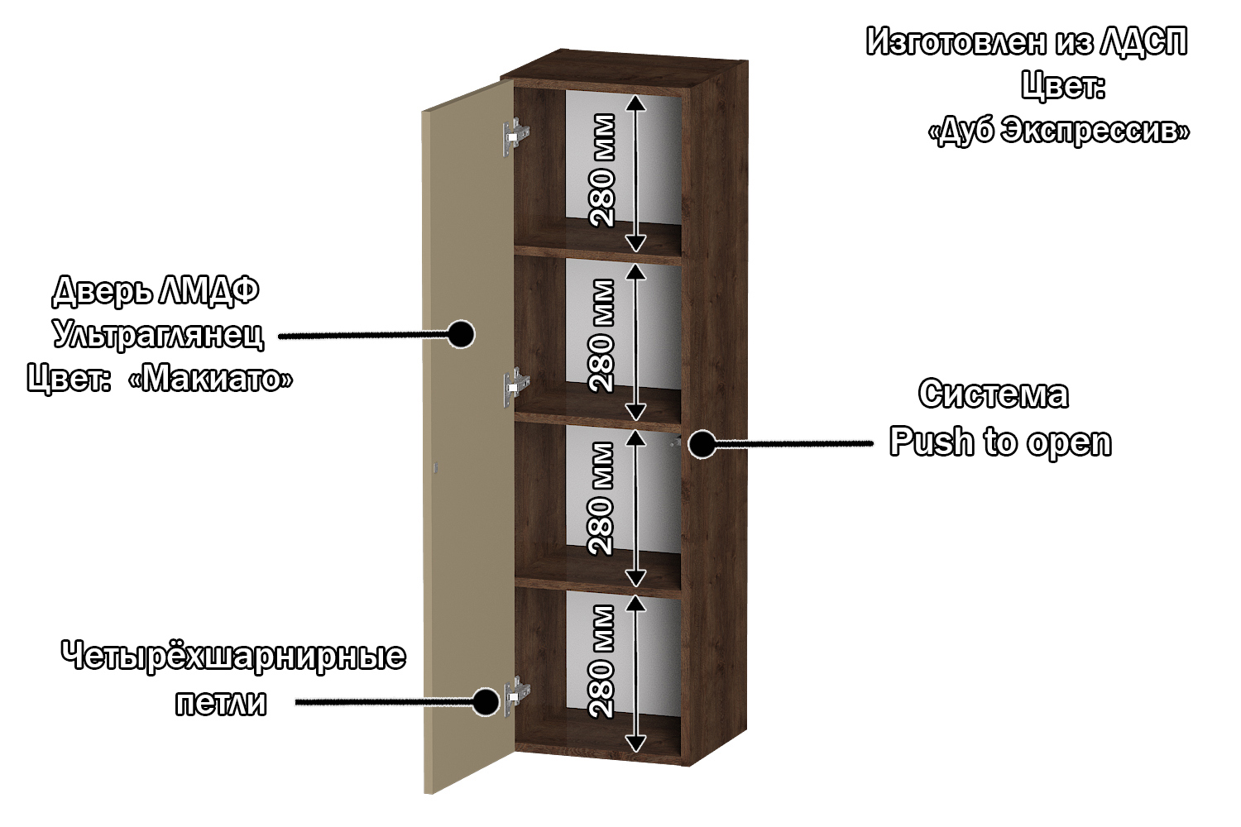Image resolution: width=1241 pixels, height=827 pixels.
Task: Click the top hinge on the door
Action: (x=515, y=136)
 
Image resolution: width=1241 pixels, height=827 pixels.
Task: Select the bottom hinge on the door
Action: (x=516, y=695)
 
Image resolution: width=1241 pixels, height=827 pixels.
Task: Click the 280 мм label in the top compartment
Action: (x=602, y=170)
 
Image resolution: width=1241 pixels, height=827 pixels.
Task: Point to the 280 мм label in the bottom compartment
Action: (x=602, y=662)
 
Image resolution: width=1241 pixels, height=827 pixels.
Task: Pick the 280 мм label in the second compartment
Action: (x=602, y=335)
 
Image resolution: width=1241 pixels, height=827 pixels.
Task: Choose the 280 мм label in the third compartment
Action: (x=602, y=498)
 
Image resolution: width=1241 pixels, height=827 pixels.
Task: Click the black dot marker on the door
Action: (x=460, y=334)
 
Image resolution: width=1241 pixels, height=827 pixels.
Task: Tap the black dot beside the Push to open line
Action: (x=702, y=444)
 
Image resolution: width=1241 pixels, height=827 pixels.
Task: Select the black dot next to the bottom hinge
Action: (x=486, y=702)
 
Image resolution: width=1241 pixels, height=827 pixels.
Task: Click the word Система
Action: (x=994, y=394)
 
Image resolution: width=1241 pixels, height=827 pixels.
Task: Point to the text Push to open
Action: (x=1000, y=442)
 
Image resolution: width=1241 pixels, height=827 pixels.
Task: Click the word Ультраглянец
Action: (x=159, y=335)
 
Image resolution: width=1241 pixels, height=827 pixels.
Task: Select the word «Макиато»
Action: (x=210, y=380)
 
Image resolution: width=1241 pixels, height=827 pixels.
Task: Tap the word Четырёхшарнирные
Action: (x=233, y=656)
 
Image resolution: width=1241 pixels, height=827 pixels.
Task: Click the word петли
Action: (x=221, y=703)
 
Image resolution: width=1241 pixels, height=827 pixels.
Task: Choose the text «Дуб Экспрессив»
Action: (x=1059, y=131)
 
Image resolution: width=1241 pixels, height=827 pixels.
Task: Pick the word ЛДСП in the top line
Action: (x=1143, y=41)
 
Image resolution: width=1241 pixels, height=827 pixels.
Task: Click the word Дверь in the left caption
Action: (x=101, y=290)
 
